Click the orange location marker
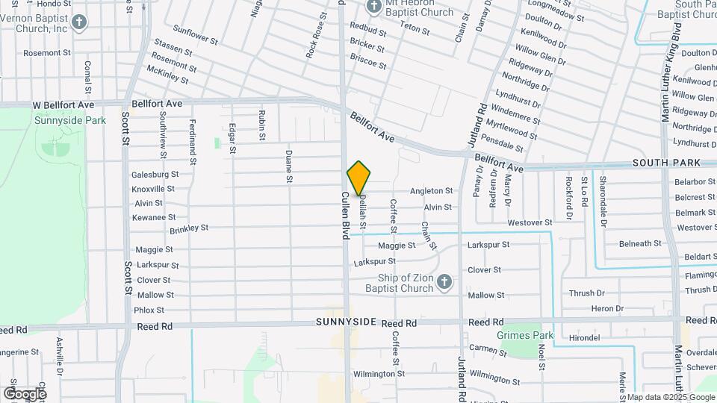pos(358,178)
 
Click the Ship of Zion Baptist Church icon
pos(444,282)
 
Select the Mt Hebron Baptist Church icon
pos(374,7)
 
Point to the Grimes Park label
pos(525,336)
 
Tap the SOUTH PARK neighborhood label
pos(665,162)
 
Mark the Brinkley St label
pos(188,229)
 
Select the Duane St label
pos(289,166)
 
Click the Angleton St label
pos(431,191)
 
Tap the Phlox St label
pos(149,310)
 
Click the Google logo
pos(24,393)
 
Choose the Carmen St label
pos(488,349)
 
